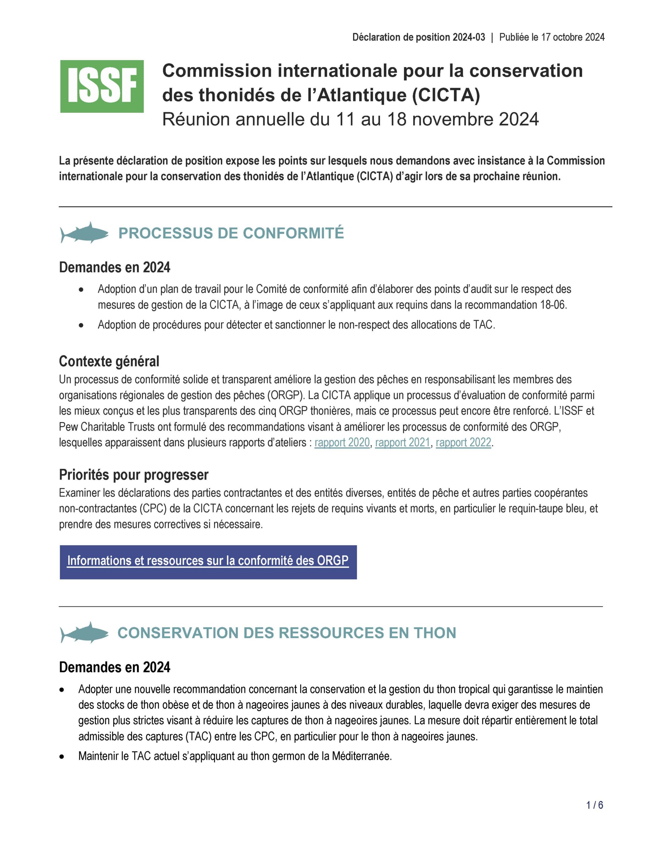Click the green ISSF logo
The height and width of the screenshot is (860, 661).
click(101, 87)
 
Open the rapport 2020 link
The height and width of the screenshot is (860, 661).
click(342, 442)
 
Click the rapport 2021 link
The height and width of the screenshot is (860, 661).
click(403, 442)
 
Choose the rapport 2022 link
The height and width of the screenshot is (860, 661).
click(463, 442)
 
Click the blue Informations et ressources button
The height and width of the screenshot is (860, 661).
click(208, 562)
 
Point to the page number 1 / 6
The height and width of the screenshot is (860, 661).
click(594, 805)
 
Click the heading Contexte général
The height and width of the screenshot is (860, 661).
click(109, 361)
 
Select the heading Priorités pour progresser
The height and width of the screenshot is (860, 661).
click(133, 475)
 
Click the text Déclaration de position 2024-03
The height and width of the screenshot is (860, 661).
click(419, 37)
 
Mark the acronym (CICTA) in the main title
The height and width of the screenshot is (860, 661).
click(446, 95)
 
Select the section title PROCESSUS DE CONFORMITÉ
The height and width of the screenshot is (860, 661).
click(231, 233)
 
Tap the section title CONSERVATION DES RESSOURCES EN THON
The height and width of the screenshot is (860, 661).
click(286, 633)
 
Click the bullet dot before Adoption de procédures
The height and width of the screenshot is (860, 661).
click(81, 325)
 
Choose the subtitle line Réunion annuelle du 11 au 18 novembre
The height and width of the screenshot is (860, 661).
click(350, 120)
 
